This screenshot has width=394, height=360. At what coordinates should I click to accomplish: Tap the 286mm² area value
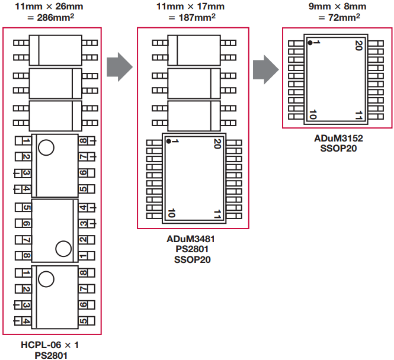pos(52,18)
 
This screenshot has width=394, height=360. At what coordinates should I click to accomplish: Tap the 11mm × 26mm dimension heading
pos(52,7)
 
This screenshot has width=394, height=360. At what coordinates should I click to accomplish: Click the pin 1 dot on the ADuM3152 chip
pos(309,43)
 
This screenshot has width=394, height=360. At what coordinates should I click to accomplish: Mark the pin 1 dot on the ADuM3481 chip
pos(169,141)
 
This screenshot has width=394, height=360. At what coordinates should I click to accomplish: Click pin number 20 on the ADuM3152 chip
pos(358,44)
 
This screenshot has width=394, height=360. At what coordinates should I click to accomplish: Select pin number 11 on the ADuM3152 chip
pos(358,114)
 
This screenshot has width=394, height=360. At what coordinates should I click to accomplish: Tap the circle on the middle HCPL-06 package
pos(63,249)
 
